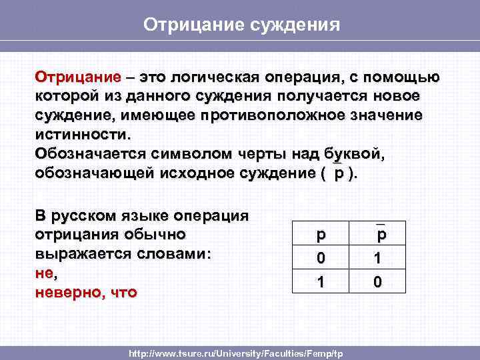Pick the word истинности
79,134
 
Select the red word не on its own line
43,273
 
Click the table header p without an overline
321,235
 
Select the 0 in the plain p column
321,257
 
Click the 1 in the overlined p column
378,257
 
